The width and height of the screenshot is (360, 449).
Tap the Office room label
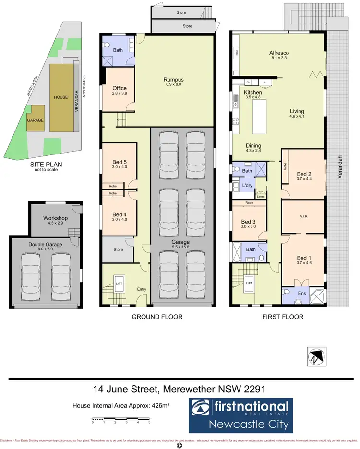click(119, 89)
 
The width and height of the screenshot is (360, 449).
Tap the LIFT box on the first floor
click(249, 284)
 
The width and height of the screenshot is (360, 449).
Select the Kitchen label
click(252, 92)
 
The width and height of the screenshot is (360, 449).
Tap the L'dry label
click(248, 185)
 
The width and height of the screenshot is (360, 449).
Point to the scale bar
click(121, 421)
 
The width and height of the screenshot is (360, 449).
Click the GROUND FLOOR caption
click(156, 317)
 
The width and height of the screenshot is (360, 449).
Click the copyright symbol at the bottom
click(180, 445)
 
